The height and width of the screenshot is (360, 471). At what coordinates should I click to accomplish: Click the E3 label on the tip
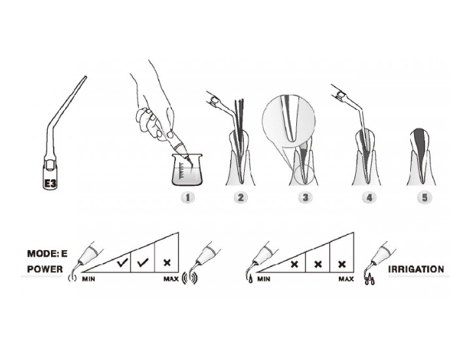pyautogui.click(x=50, y=183)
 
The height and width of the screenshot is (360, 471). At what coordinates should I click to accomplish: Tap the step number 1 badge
pyautogui.click(x=188, y=198)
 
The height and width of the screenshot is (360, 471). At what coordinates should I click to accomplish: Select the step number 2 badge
pyautogui.click(x=241, y=198)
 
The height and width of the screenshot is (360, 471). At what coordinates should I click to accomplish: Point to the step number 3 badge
pyautogui.click(x=305, y=198)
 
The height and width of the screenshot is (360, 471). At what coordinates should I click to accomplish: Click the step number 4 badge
pyautogui.click(x=370, y=198)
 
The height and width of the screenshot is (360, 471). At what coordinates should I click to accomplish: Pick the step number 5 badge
pyautogui.click(x=425, y=198)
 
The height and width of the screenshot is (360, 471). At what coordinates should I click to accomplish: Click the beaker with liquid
pyautogui.click(x=187, y=170)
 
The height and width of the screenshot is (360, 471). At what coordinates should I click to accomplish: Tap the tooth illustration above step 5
pyautogui.click(x=421, y=156)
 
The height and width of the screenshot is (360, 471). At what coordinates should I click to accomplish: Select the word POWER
pyautogui.click(x=45, y=269)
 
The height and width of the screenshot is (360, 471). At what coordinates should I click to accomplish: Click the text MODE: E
pyautogui.click(x=47, y=253)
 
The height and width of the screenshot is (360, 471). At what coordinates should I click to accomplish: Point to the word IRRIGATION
pyautogui.click(x=416, y=269)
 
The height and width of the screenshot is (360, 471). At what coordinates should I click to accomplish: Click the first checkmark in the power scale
pyautogui.click(x=123, y=263)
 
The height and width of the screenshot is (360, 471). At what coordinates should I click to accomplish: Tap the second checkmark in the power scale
pyautogui.click(x=143, y=263)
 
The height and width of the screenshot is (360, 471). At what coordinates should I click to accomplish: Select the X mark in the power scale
pyautogui.click(x=167, y=262)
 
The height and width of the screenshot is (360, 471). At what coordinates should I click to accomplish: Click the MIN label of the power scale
pyautogui.click(x=88, y=279)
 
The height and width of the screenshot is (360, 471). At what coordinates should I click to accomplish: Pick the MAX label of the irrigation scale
pyautogui.click(x=346, y=279)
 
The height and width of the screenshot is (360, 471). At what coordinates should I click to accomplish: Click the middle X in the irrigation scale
pyautogui.click(x=318, y=264)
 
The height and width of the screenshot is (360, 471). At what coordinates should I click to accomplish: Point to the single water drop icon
pyautogui.click(x=251, y=280)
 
